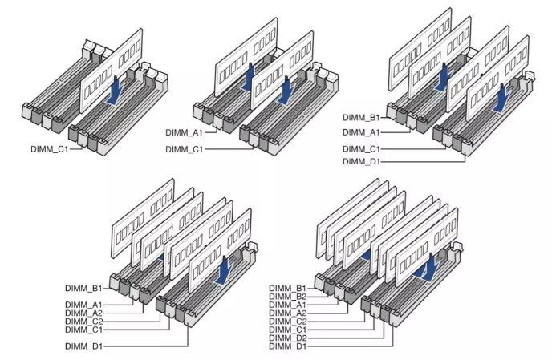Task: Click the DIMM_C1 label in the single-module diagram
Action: coord(49,149)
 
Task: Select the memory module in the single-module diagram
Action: coord(112,71)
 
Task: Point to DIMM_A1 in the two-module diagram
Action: coord(184,132)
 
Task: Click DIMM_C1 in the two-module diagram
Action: coord(184,149)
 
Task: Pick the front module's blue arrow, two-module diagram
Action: coord(286,91)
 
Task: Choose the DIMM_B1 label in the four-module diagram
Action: coord(361,118)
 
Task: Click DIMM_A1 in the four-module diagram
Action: coord(361,132)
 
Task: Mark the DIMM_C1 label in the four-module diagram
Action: coord(361,149)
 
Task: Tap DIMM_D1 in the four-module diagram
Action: coord(361,161)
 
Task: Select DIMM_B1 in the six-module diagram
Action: coord(83,288)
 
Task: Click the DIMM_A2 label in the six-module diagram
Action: coord(83,313)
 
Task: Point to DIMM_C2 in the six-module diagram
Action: coord(83,322)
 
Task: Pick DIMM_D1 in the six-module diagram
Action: coord(83,346)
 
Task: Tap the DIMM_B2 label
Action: coord(287,297)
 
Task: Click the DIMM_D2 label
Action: coord(287,338)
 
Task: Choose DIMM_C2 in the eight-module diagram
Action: coord(287,322)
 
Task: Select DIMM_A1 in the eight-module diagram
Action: coord(287,305)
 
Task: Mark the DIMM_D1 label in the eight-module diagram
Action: coord(287,346)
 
